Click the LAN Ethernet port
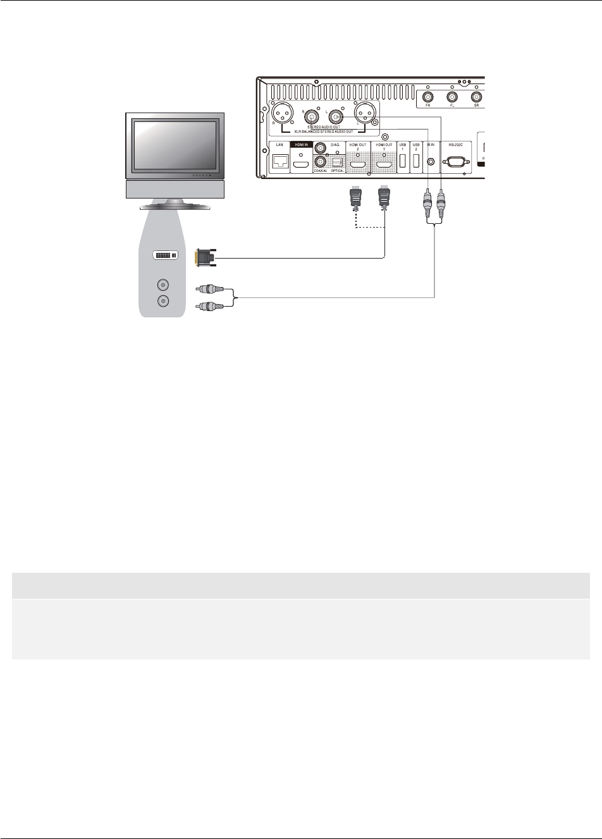tap(279, 162)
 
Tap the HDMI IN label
tap(300, 145)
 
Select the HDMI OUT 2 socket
tap(358, 166)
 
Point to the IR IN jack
tap(431, 162)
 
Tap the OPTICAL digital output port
tap(336, 161)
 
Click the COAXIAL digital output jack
tap(320, 161)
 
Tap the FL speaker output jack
tap(451, 97)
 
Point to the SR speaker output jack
tap(476, 97)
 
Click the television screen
tap(173, 145)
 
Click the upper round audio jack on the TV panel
tap(164, 285)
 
